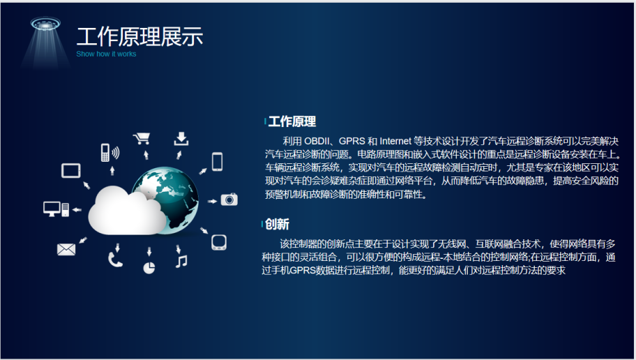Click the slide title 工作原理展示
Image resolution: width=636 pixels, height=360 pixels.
click(139, 36)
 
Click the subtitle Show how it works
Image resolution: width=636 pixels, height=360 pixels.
click(106, 54)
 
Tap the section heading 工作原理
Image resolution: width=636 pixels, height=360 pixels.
click(292, 121)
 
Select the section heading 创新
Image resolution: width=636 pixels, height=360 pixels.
click(277, 224)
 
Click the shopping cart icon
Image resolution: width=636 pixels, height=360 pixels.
click(142, 138)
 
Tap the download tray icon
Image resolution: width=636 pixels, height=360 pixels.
click(181, 138)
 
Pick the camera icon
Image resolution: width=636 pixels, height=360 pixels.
click(229, 200)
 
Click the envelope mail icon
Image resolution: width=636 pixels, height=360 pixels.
click(66, 249)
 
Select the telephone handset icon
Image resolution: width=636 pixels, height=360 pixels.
click(115, 260)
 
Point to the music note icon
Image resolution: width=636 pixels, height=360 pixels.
click(181, 261)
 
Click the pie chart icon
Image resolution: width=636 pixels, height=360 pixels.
click(149, 268)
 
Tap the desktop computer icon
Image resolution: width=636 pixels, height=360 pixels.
click(56, 209)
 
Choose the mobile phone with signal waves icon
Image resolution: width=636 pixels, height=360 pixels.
click(110, 153)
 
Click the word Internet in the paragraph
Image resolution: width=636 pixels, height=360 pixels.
click(395, 141)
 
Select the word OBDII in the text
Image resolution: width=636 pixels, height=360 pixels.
click(317, 141)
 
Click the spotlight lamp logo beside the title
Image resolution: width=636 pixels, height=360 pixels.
click(45, 43)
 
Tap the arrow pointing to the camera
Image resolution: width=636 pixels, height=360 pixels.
click(212, 201)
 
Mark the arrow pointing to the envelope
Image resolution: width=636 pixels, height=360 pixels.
click(83, 240)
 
